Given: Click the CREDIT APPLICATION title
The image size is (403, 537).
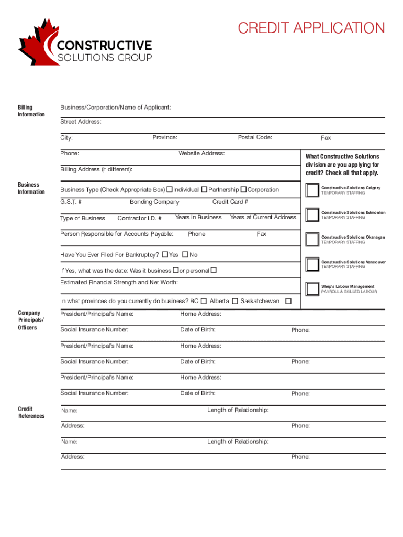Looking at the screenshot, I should pyautogui.click(x=311, y=28).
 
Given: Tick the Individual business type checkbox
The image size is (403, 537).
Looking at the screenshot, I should pyautogui.click(x=170, y=189).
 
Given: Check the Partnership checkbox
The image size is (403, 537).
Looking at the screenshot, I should pyautogui.click(x=205, y=189).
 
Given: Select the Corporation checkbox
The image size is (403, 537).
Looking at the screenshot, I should pyautogui.click(x=243, y=189).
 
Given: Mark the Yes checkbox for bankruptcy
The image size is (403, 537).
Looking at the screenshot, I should pyautogui.click(x=165, y=255).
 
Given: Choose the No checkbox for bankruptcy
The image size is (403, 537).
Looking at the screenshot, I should pyautogui.click(x=185, y=255).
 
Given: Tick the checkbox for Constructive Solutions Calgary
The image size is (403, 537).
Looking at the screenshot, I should pyautogui.click(x=312, y=190).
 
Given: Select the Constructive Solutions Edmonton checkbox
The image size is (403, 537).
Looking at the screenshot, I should pyautogui.click(x=312, y=214).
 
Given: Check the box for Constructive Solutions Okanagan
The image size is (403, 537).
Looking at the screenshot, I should pyautogui.click(x=312, y=239).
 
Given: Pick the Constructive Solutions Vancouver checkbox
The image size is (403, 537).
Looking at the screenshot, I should pyautogui.click(x=312, y=264).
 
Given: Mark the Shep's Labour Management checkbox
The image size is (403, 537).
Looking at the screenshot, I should pyautogui.click(x=312, y=288).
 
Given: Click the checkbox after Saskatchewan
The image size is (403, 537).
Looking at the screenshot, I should pyautogui.click(x=288, y=301).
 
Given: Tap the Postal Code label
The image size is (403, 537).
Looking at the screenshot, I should pyautogui.click(x=255, y=137).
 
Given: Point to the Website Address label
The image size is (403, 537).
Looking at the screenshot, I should pyautogui.click(x=201, y=153).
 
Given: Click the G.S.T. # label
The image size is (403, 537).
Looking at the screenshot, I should pyautogui.click(x=71, y=202).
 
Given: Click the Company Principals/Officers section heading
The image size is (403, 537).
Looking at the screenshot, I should pyautogui.click(x=31, y=320).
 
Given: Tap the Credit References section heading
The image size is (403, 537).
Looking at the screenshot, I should pyautogui.click(x=31, y=413).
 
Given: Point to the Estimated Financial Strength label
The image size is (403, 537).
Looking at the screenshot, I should pyautogui.click(x=119, y=282).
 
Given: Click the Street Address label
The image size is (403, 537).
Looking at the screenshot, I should pyautogui.click(x=81, y=122).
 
